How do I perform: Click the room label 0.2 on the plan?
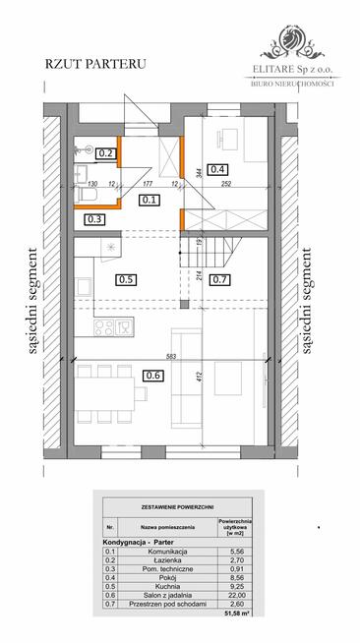(105, 152)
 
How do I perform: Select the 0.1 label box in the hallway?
(150, 200)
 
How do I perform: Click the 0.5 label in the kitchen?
(126, 278)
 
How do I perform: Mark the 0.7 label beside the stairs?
(219, 279)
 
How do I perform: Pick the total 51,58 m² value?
(237, 614)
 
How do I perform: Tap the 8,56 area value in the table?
(237, 578)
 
